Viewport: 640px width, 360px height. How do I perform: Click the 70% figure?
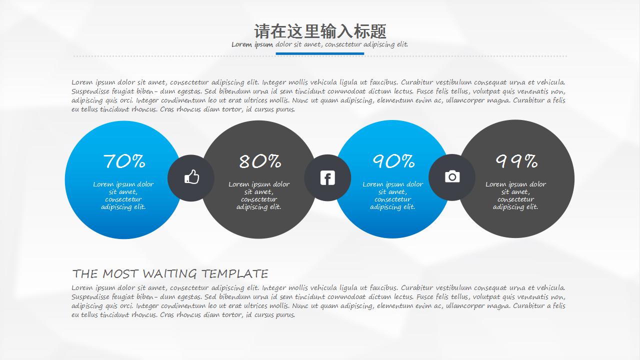coord(124,161)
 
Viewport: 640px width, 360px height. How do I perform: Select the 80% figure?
coord(259,161)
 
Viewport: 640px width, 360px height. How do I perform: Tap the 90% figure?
coord(393,161)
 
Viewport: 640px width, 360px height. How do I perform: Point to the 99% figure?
coord(516,161)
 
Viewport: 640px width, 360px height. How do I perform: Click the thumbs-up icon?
coord(191,177)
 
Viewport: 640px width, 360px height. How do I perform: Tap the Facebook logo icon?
coord(327,177)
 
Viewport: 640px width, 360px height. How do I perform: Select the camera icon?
coord(452,176)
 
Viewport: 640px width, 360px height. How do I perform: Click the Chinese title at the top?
coord(320,31)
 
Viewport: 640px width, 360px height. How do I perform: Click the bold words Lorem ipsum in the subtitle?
coord(252,44)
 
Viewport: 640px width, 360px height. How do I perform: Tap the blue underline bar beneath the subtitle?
coord(320,53)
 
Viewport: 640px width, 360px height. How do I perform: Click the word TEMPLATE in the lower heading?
coord(235,274)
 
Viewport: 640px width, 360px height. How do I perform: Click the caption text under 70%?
coord(123,195)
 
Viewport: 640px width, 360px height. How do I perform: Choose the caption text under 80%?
coord(259,195)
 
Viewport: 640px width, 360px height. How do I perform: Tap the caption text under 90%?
coord(393,195)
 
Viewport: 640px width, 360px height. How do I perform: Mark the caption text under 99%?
coord(515,195)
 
